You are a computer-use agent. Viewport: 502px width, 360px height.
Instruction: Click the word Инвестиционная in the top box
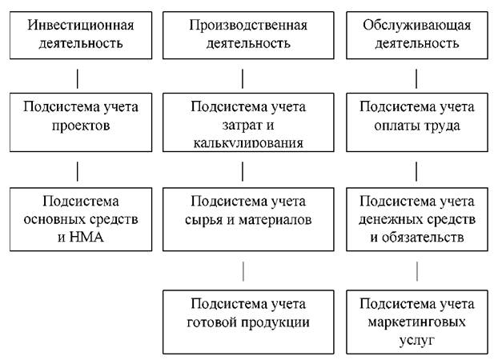point(81,26)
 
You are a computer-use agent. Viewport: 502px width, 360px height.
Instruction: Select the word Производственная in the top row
point(248,26)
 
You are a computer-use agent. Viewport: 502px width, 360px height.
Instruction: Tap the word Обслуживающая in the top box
point(417,26)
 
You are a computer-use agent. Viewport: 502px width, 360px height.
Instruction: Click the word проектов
point(81,126)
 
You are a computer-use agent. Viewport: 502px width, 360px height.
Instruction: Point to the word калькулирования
point(248,143)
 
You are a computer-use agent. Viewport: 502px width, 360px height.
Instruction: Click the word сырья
point(204,221)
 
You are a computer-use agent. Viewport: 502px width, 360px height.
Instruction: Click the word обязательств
point(422,238)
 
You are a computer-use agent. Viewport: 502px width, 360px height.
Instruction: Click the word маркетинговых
point(417,322)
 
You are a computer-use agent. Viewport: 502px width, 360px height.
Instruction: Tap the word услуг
point(417,340)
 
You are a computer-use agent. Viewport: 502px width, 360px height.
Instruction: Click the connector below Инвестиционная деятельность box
point(78,78)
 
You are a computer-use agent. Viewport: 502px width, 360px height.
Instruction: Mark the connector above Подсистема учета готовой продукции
point(243,271)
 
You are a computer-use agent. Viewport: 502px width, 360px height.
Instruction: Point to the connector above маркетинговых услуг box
point(417,271)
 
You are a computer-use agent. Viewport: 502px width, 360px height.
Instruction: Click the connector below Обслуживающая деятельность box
point(416,78)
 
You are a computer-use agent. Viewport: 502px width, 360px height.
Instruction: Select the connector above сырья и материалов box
point(243,171)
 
